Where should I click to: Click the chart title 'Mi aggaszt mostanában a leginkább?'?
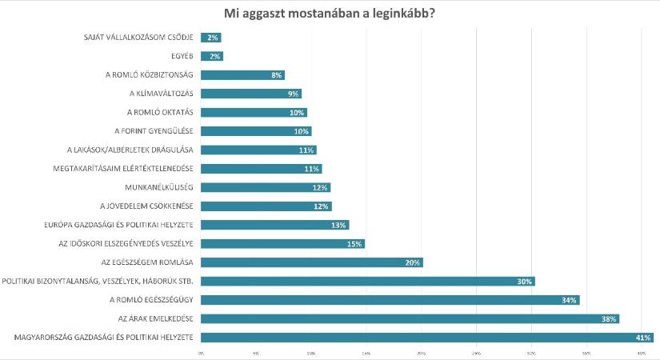tap(330, 14)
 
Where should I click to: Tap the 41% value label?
tap(643, 338)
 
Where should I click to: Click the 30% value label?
tap(524, 281)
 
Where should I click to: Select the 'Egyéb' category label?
tap(183, 56)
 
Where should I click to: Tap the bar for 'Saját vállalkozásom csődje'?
tap(210, 38)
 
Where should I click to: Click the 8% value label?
tap(276, 75)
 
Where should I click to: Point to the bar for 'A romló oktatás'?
tap(253, 112)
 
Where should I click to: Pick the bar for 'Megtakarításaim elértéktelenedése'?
tap(261, 169)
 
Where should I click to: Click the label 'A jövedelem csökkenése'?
tap(144, 206)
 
